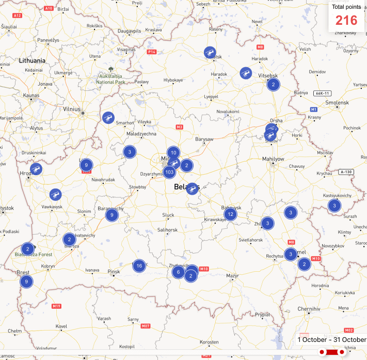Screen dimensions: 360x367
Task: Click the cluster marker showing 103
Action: tap(169, 172)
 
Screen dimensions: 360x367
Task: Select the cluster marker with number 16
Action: tap(138, 266)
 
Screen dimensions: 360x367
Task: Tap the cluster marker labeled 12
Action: tap(230, 214)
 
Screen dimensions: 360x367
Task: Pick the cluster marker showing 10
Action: tap(173, 152)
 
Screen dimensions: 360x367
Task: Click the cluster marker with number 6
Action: tap(178, 272)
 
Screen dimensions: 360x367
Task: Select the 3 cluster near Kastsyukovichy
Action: tap(334, 206)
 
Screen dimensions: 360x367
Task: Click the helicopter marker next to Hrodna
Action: tap(36, 169)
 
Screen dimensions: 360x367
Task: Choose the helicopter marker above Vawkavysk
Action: tap(55, 195)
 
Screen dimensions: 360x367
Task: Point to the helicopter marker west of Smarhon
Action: tap(108, 118)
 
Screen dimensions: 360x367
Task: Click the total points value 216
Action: tap(346, 20)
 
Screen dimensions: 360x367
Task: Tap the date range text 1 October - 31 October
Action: tap(331, 339)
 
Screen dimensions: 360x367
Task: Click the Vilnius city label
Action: tap(71, 109)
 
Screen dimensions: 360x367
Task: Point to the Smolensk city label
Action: tap(338, 102)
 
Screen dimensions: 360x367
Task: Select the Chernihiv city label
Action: tap(309, 308)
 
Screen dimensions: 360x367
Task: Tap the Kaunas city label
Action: tap(31, 96)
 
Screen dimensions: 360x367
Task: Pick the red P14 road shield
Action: tap(152, 52)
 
